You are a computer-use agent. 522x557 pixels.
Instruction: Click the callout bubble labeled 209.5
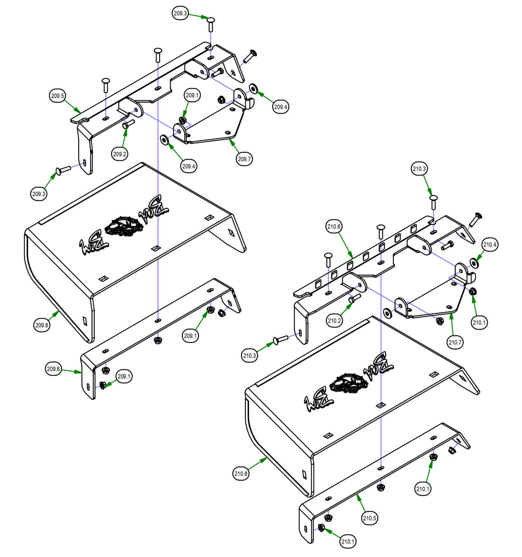(57, 96)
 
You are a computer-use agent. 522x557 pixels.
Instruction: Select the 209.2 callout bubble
(120, 154)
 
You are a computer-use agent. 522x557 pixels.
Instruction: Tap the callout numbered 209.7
(245, 159)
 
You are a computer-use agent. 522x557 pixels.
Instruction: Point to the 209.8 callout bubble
(42, 325)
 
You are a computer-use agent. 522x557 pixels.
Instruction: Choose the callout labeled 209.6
(53, 369)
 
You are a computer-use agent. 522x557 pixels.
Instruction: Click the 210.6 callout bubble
(334, 226)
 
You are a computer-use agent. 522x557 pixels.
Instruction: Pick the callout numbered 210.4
(490, 245)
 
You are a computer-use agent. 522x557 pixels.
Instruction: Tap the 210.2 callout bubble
(334, 320)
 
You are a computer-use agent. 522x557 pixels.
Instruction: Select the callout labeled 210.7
(455, 342)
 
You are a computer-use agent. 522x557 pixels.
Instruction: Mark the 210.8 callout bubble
(241, 474)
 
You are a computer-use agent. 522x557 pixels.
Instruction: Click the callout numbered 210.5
(370, 518)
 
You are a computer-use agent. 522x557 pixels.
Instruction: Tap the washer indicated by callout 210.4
(475, 263)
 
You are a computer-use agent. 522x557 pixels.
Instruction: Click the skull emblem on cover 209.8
(123, 226)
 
